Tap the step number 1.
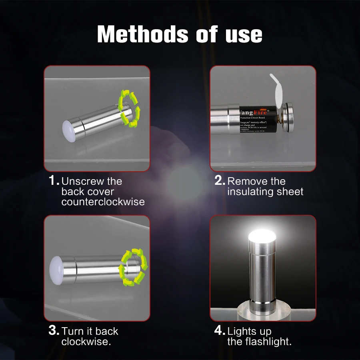coord(54,181)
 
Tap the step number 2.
coord(220,181)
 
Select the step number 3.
coord(54,331)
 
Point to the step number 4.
coord(220,331)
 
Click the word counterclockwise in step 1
coord(103,202)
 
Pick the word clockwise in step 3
coord(86,342)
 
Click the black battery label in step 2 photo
coord(257,120)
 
